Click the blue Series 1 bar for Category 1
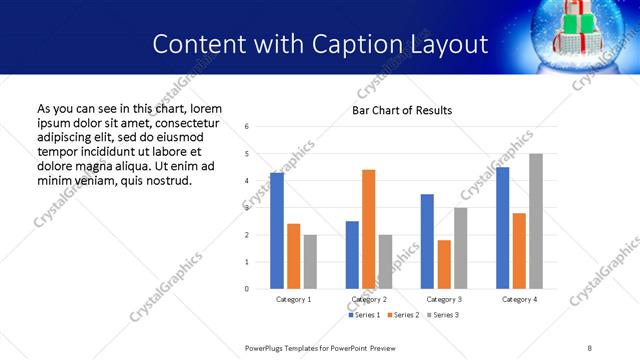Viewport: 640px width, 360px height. click(x=277, y=231)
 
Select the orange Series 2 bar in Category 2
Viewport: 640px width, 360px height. click(x=369, y=229)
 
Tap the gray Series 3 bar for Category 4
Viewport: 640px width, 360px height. click(x=536, y=221)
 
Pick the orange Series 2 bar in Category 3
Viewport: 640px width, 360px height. click(x=444, y=264)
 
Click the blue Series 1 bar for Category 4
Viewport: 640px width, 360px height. click(x=503, y=228)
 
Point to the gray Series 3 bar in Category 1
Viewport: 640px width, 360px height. click(x=310, y=262)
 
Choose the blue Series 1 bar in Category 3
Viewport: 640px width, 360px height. click(x=427, y=241)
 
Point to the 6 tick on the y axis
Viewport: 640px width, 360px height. click(x=247, y=126)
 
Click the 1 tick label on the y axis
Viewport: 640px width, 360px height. click(x=247, y=262)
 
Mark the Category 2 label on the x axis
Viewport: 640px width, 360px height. click(x=369, y=299)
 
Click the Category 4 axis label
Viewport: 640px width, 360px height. click(x=519, y=299)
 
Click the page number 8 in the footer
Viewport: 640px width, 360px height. click(x=589, y=348)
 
